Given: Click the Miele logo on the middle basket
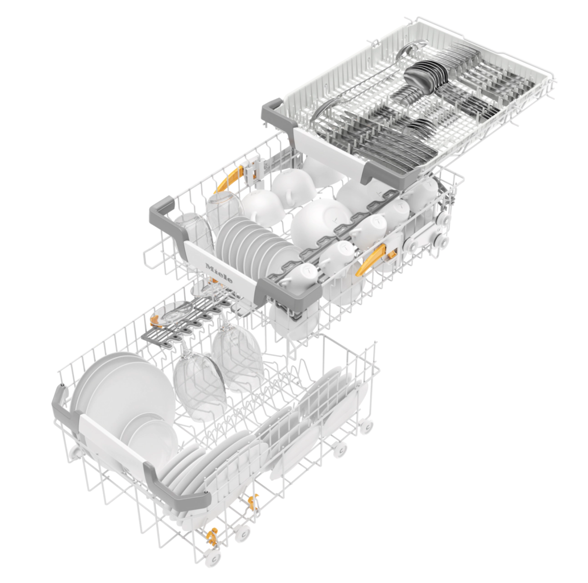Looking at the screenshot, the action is (219, 273).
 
